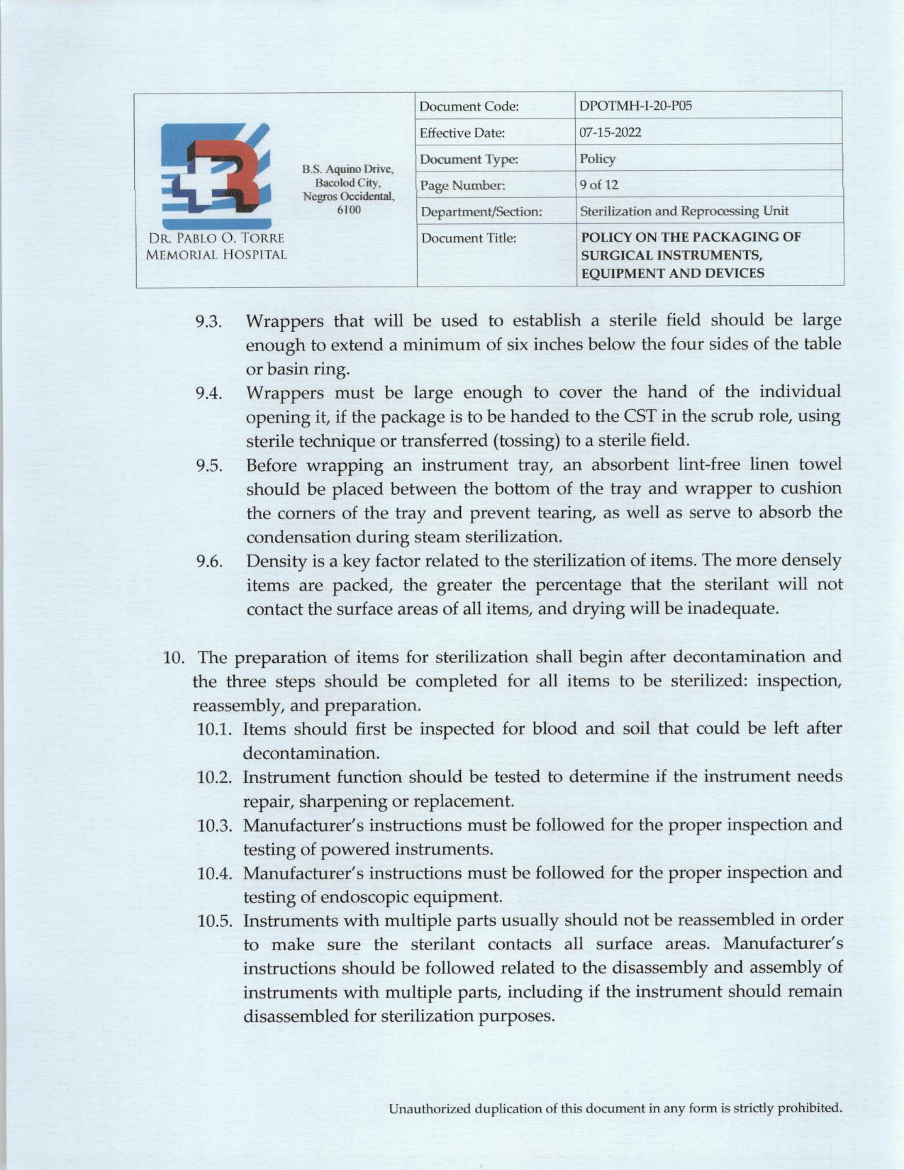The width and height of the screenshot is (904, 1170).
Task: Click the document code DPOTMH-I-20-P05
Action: click(635, 106)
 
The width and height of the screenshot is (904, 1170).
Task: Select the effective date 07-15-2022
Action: click(610, 133)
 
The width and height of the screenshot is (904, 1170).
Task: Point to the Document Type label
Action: click(469, 159)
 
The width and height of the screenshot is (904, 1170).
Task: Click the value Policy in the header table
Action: click(598, 159)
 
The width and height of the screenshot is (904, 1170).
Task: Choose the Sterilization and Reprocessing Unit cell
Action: click(683, 211)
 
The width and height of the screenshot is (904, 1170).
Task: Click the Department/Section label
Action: click(481, 211)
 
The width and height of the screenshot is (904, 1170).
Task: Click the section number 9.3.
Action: click(209, 322)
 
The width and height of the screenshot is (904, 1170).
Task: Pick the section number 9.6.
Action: click(209, 562)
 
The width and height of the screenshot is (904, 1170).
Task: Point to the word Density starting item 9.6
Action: click(276, 562)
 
